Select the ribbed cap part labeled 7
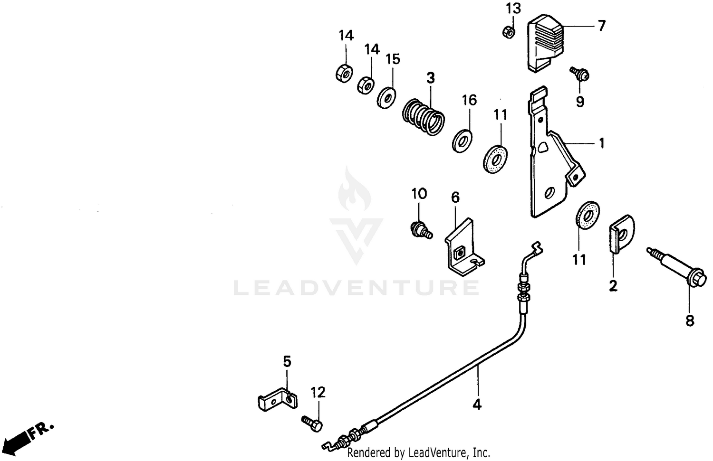546,43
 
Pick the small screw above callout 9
579,74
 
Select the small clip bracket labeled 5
278,399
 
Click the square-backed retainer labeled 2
622,235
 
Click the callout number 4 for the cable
477,405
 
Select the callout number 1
601,143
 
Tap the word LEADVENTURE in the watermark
356,288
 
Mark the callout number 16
469,100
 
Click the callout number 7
601,26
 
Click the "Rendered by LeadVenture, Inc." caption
419,452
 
